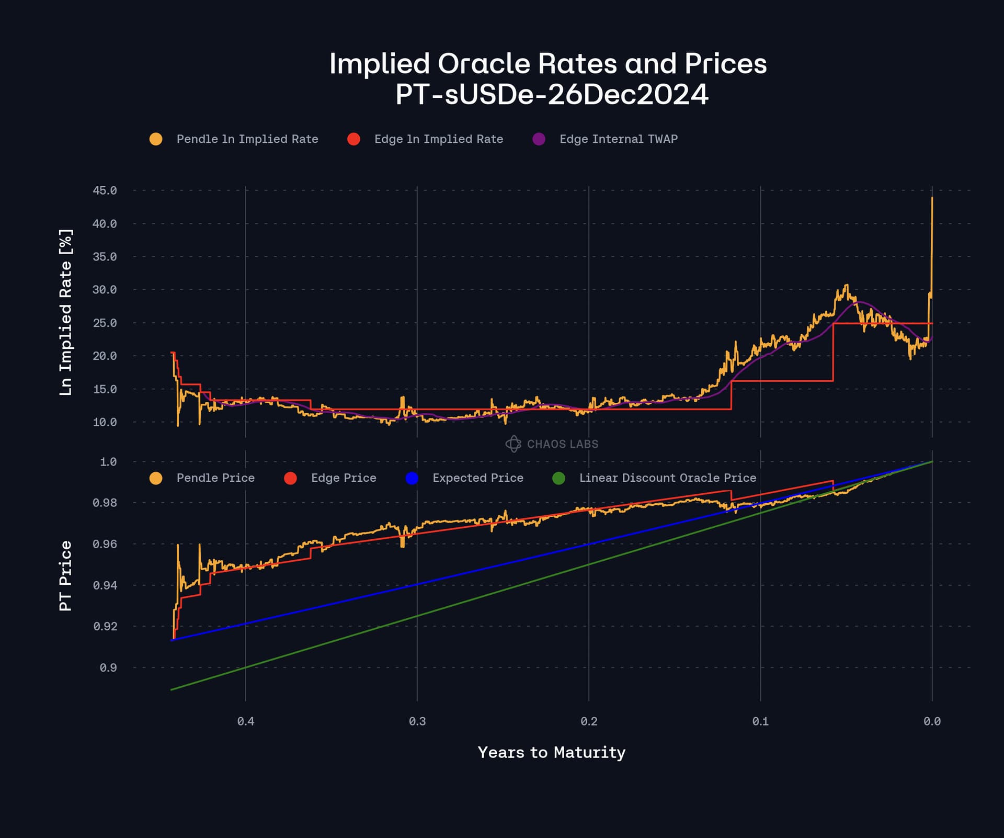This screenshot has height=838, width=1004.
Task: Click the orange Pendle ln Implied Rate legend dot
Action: coord(156,139)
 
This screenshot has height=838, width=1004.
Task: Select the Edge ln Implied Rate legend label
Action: coord(438,139)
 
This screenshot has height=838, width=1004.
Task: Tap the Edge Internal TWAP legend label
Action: coord(618,139)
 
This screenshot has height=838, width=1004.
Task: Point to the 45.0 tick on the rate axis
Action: coord(105,190)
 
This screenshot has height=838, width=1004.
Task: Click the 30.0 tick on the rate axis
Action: coord(105,290)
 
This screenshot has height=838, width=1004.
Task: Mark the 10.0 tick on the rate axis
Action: coord(105,422)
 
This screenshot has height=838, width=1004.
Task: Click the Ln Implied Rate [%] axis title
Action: coord(66,312)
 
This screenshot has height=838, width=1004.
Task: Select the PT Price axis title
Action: coord(66,576)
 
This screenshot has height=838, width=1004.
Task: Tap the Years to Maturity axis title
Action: coord(551,752)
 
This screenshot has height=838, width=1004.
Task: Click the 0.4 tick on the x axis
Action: coord(246,721)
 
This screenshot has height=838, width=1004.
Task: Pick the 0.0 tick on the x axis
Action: coord(932,721)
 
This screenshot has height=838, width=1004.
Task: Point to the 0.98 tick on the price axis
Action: coord(105,503)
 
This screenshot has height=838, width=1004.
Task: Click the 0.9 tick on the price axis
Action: coord(108,668)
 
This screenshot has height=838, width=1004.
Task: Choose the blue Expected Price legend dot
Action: coord(412,478)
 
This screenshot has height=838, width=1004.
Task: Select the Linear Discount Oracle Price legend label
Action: coord(667,478)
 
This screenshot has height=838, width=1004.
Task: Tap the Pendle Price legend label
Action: coord(215,478)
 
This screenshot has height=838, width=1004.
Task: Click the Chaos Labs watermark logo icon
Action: coord(513,444)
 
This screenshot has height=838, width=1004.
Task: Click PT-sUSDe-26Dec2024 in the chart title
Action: coord(551,95)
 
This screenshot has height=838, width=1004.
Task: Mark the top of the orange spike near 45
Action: coord(932,198)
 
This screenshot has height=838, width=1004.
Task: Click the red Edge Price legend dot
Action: coord(290,478)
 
